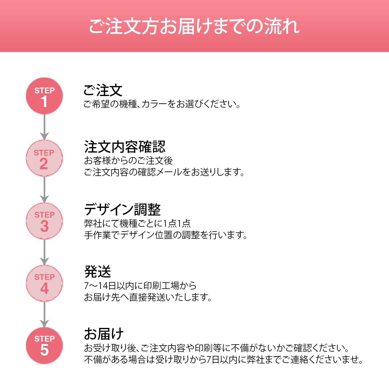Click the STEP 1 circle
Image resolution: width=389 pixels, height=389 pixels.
point(44,96)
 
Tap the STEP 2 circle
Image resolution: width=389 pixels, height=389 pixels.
point(44,158)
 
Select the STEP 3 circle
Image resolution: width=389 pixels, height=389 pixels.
point(44,221)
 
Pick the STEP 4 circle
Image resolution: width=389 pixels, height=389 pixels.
point(44,283)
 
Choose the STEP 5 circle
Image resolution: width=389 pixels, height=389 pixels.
point(44,346)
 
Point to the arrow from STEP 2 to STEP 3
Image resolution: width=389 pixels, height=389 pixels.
point(44,190)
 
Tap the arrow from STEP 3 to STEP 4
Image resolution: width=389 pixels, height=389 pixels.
point(44,252)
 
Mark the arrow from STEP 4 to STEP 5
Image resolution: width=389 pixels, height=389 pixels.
point(44,315)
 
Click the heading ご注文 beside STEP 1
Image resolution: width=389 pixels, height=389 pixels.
point(103,90)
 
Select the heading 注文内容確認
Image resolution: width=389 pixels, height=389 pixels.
point(125,147)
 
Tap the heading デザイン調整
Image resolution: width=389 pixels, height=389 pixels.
point(122,209)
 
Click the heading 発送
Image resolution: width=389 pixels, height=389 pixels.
point(98,271)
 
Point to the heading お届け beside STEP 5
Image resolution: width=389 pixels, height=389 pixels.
point(104,334)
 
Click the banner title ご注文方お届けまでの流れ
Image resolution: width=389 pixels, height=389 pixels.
point(194,26)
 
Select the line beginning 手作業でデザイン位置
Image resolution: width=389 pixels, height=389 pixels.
point(166,235)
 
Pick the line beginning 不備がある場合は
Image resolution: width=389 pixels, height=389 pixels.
point(224,360)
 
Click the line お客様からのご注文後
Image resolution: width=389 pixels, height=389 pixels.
point(129,160)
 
